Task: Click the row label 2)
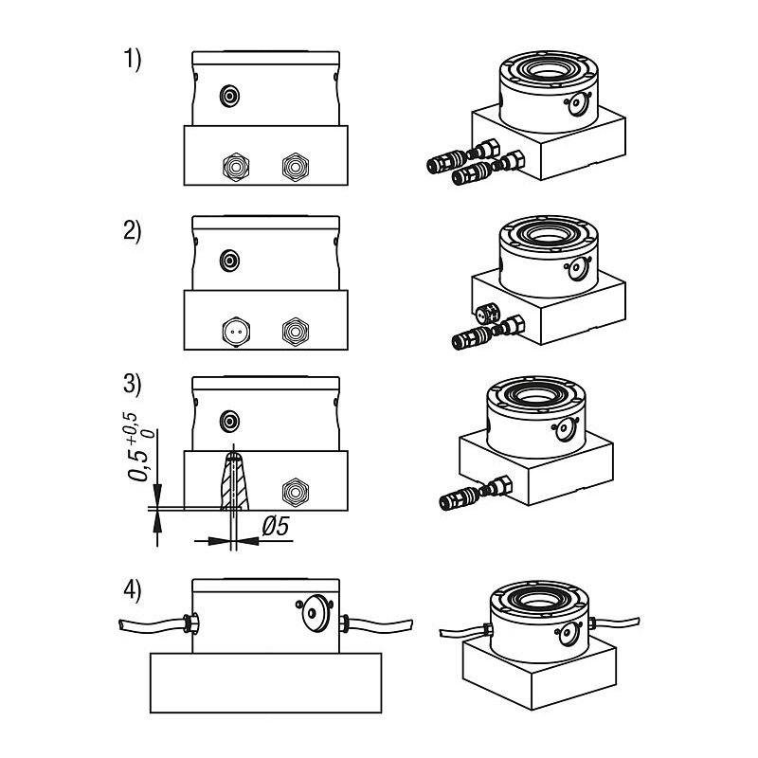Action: pyautogui.click(x=132, y=231)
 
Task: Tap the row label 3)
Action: pyautogui.click(x=132, y=385)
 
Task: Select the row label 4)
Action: pyautogui.click(x=132, y=590)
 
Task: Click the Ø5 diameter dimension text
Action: pyautogui.click(x=276, y=526)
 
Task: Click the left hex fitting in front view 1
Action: pyautogui.click(x=236, y=167)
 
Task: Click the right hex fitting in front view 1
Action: pyautogui.click(x=296, y=167)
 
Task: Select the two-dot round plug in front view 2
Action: pyautogui.click(x=236, y=332)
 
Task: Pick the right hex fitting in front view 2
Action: pyautogui.click(x=296, y=332)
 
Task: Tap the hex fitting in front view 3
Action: pyautogui.click(x=296, y=493)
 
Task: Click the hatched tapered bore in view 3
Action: pyautogui.click(x=234, y=480)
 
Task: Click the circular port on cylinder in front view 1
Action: pyautogui.click(x=229, y=97)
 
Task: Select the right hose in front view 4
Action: pyautogui.click(x=377, y=625)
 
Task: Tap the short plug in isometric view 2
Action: pyautogui.click(x=488, y=315)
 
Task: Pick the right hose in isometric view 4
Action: pyautogui.click(x=615, y=623)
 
